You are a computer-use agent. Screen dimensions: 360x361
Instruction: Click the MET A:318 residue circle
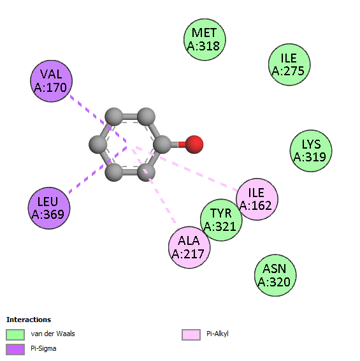coord(205,40)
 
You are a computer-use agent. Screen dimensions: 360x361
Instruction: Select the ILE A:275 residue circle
coord(289,64)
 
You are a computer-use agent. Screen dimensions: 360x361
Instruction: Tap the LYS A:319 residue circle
coord(311,151)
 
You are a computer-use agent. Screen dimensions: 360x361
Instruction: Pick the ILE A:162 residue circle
coord(257,199)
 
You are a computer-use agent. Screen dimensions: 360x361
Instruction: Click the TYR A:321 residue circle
coord(221,220)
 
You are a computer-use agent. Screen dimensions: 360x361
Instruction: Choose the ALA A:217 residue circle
coord(189,247)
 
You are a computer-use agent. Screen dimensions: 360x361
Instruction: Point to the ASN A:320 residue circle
coord(275,276)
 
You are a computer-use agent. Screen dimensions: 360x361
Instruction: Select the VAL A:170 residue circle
coord(52,81)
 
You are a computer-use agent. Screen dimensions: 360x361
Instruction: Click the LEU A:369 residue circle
coord(49,208)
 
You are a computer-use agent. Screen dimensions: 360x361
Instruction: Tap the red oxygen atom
coord(194,144)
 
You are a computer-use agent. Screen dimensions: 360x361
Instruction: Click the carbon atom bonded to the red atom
coord(162,144)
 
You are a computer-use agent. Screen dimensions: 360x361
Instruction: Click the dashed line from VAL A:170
coord(98,119)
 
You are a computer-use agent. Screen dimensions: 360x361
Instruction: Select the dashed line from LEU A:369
coord(97,169)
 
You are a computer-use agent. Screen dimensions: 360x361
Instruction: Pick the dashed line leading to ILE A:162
coord(187,168)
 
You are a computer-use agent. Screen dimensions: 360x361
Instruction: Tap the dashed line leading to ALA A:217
coord(154,186)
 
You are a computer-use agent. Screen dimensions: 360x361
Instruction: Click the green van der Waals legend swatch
coord(15,334)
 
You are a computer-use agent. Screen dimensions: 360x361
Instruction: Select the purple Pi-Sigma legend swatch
coord(15,350)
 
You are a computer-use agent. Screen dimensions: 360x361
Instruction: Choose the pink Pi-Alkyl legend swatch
coord(191,334)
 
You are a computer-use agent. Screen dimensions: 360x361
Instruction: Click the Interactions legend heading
coord(29,320)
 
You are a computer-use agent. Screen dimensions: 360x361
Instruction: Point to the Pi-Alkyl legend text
coord(217,334)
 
